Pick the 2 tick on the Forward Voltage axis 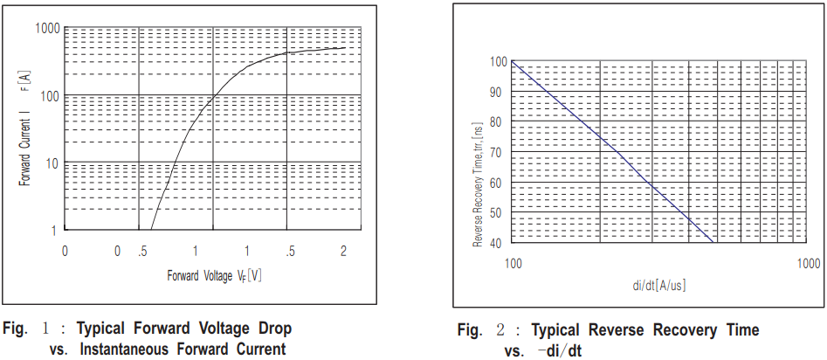343,251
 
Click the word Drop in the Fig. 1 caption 272,329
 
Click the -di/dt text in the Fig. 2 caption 559,350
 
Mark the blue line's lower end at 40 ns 715,243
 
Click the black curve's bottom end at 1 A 152,230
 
